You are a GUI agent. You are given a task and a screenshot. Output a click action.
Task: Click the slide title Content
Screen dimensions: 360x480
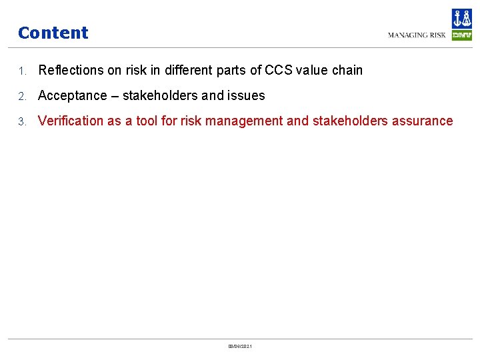coord(53,33)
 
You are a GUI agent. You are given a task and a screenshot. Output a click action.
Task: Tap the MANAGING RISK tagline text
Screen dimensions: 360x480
coord(417,35)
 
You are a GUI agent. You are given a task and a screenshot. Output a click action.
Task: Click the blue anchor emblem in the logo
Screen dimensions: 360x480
coord(461,19)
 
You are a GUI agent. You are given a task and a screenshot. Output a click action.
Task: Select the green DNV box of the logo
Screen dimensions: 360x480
coord(461,35)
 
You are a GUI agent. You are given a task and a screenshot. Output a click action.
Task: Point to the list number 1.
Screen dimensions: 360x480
coord(21,71)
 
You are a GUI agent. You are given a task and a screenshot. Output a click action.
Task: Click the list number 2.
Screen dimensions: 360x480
coord(21,96)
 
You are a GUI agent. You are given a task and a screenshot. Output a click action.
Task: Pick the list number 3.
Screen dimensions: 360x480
coord(21,121)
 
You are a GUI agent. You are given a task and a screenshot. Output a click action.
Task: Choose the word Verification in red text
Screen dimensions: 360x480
coord(70,121)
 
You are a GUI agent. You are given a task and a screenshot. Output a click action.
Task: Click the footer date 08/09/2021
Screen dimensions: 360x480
coord(240,346)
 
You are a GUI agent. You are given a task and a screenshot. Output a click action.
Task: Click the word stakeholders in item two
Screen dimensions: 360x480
coord(160,95)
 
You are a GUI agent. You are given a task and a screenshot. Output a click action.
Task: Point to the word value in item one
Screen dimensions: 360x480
coord(318,70)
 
